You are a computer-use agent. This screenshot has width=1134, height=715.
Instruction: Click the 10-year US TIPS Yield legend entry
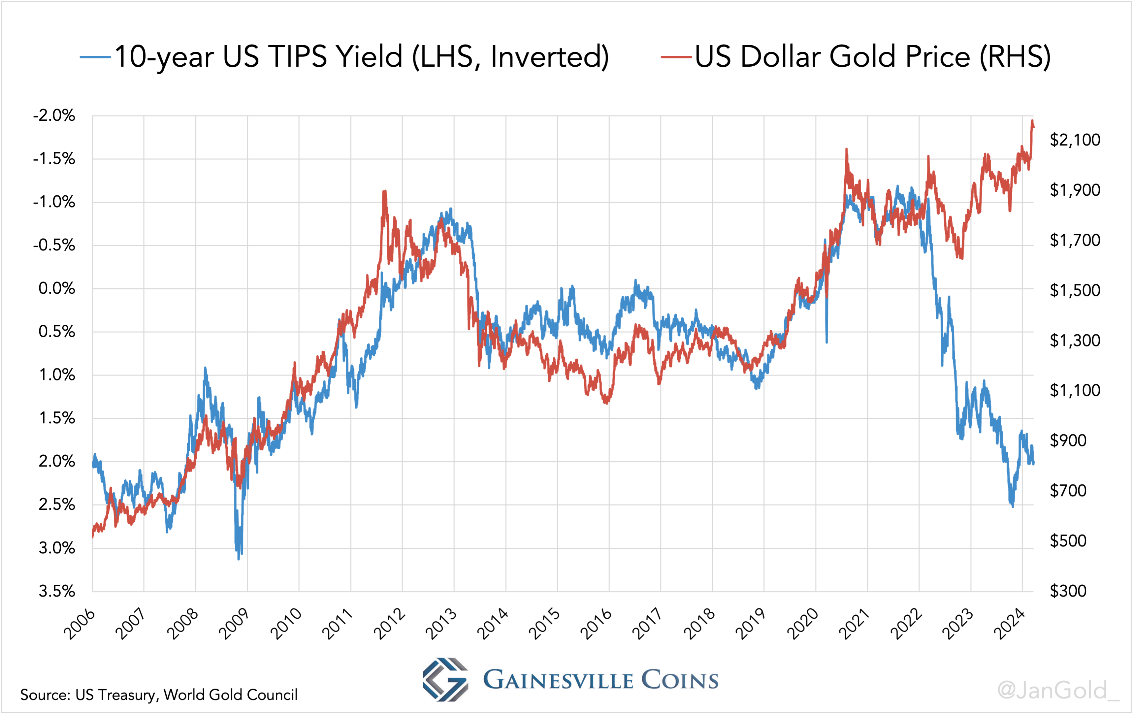(x=344, y=56)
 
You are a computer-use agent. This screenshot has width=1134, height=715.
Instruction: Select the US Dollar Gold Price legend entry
(x=855, y=56)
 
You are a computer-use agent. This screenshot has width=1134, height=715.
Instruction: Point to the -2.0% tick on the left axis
(x=54, y=115)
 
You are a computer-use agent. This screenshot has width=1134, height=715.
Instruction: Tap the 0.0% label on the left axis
(x=56, y=288)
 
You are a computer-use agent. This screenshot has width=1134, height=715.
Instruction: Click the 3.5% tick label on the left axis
(x=56, y=591)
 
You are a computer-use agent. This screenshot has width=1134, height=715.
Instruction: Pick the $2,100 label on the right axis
(x=1075, y=140)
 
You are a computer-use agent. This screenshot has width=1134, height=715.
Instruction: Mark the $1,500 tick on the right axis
(x=1075, y=290)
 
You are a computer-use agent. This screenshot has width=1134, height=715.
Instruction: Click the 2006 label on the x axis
(x=80, y=624)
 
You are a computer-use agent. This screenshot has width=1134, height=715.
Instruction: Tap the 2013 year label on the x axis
(x=441, y=624)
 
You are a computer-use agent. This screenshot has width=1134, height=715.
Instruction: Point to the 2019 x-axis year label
(x=751, y=624)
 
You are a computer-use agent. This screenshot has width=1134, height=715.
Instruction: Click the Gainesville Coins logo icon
(x=445, y=679)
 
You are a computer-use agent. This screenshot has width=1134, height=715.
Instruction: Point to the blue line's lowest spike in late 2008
(x=239, y=559)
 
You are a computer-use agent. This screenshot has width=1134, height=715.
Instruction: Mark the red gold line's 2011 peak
(x=385, y=191)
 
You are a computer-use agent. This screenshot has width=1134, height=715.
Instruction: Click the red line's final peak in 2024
(x=1032, y=121)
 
